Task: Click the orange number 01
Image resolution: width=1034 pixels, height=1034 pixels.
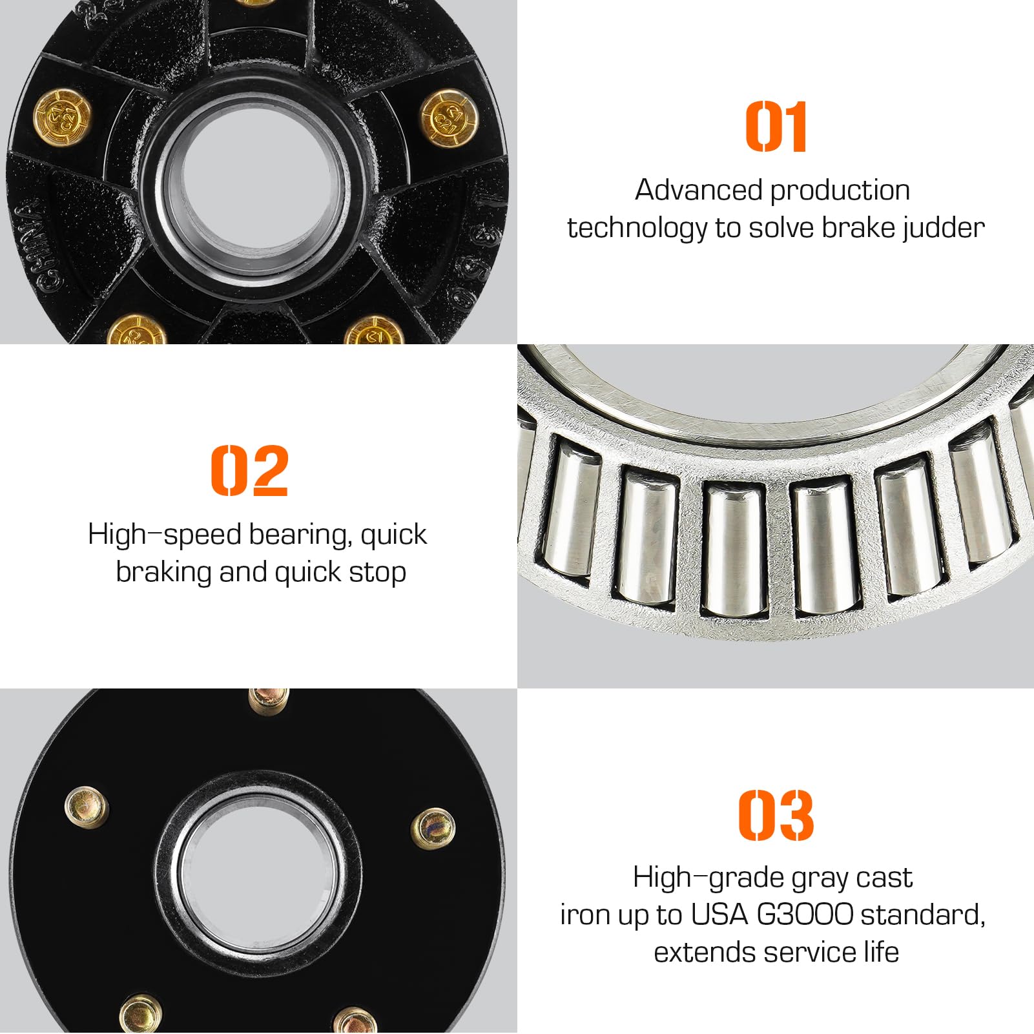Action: coord(776,127)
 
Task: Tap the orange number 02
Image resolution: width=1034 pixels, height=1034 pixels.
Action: coord(249,470)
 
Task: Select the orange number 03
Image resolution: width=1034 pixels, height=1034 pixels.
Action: coord(776,814)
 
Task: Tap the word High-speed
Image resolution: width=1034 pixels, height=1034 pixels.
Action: coord(164,535)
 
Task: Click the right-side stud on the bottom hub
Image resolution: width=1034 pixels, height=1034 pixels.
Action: coord(432,828)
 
